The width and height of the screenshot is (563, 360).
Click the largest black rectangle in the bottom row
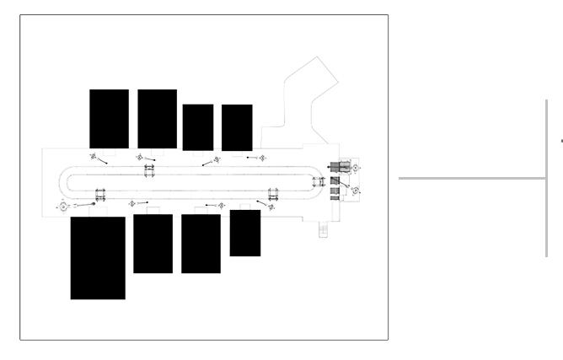pos(98,258)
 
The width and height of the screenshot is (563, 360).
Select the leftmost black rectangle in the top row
pos(109,119)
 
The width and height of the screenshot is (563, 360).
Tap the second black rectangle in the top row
pos(157,119)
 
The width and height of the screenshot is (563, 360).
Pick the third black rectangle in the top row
pos(198,127)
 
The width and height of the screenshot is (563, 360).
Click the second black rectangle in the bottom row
pos(153,244)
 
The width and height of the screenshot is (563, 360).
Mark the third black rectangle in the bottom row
pos(201,244)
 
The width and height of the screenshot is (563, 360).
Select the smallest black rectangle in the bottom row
pos(245,233)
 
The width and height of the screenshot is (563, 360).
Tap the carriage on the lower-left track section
pos(100,194)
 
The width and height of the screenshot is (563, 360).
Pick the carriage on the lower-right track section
pos(272,194)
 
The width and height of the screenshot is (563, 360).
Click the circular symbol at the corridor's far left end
pos(63,206)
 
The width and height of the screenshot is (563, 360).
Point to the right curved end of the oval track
pos(323,180)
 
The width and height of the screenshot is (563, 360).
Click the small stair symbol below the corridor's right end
pos(323,229)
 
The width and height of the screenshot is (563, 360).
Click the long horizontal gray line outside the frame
pos(472,178)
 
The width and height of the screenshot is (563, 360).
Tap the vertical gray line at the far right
pos(547,177)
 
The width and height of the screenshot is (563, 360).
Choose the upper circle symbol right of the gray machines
pos(356,168)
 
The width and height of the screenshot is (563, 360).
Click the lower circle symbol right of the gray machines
pos(356,191)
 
